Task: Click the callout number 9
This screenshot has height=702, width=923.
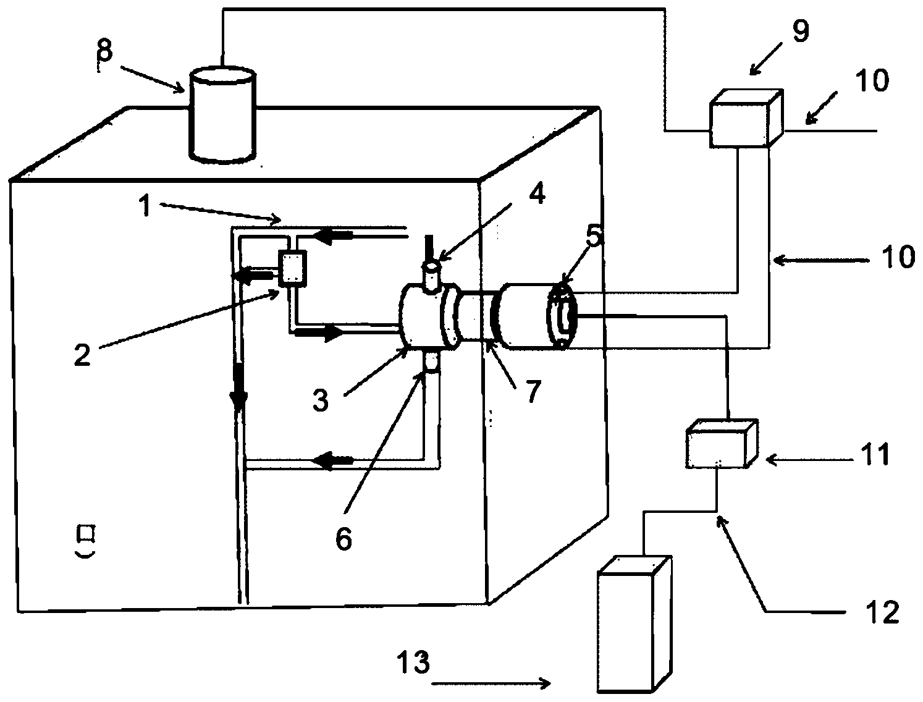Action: (x=801, y=31)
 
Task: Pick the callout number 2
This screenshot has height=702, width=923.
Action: (x=82, y=355)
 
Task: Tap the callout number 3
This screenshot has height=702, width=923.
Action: (x=320, y=400)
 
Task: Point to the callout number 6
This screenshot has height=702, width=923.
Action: (x=343, y=538)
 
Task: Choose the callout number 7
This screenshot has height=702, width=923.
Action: (x=533, y=390)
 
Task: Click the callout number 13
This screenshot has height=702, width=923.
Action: (x=413, y=664)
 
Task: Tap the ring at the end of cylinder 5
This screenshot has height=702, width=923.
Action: (x=561, y=316)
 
